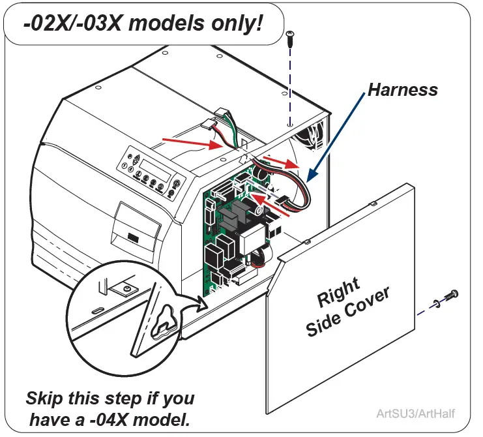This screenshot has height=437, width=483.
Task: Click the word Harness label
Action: pyautogui.click(x=403, y=89)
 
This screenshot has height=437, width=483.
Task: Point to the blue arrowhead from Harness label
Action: pyautogui.click(x=311, y=176)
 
